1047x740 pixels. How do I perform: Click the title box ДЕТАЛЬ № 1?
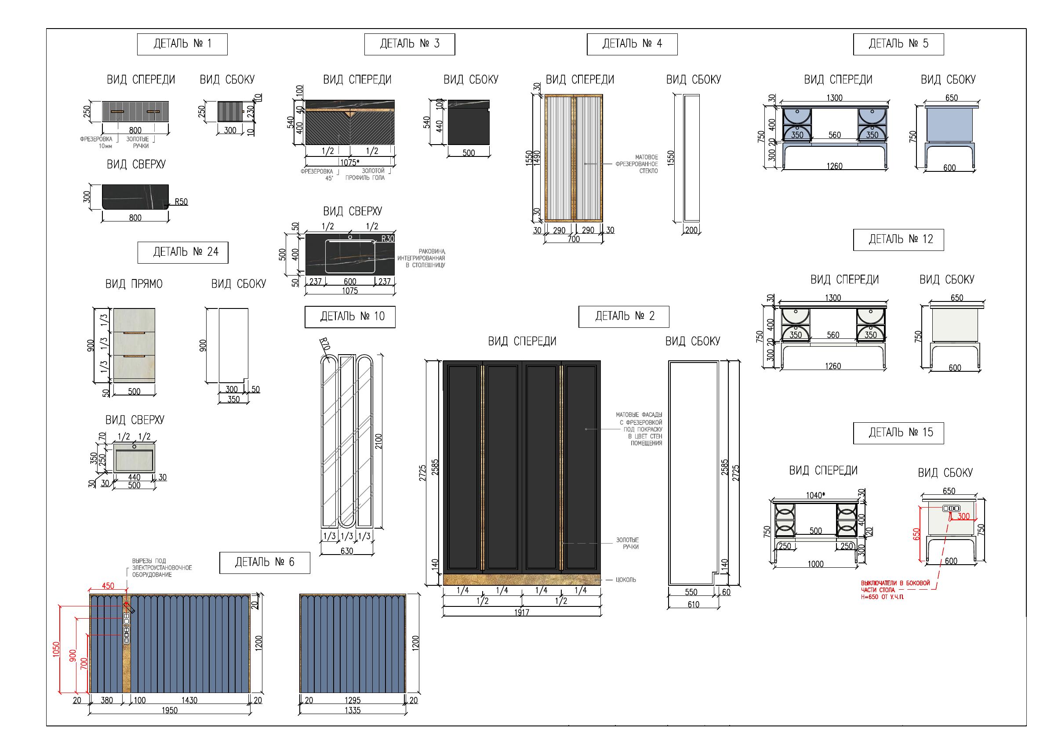(182, 44)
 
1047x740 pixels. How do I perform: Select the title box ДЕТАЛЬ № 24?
(183, 253)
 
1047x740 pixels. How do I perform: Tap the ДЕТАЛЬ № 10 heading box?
(350, 317)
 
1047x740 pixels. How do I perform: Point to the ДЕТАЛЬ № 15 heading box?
(898, 433)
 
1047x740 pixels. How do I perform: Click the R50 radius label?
(181, 202)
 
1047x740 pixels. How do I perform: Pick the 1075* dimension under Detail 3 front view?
(350, 162)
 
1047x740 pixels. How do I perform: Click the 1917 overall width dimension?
(522, 612)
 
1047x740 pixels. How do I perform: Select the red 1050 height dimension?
(56, 649)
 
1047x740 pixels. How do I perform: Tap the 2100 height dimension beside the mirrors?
(378, 441)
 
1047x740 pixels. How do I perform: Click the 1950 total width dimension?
(170, 711)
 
